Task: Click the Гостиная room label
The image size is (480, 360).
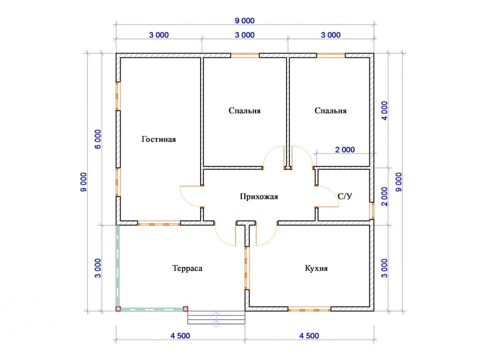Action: click(x=158, y=139)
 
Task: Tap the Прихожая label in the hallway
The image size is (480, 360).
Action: click(x=259, y=196)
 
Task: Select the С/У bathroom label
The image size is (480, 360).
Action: click(x=345, y=196)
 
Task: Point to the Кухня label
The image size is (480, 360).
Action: click(x=316, y=268)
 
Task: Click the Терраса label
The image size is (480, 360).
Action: click(x=187, y=268)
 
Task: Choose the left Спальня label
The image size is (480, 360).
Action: click(x=244, y=110)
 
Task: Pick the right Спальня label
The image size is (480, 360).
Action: click(x=330, y=110)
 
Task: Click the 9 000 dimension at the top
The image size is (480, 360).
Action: click(x=244, y=21)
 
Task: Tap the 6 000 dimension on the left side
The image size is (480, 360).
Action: click(x=98, y=139)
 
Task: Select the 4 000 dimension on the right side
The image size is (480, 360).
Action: click(x=384, y=111)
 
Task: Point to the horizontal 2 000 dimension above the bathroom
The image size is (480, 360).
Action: click(x=345, y=149)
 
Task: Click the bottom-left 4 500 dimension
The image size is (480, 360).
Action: click(x=180, y=336)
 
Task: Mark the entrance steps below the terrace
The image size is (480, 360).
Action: click(x=216, y=317)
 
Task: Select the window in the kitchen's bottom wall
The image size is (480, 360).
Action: click(x=309, y=309)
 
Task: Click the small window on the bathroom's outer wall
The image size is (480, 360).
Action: click(x=372, y=210)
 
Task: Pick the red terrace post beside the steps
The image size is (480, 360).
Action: click(x=185, y=309)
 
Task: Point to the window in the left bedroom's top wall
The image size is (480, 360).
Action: click(x=245, y=55)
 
